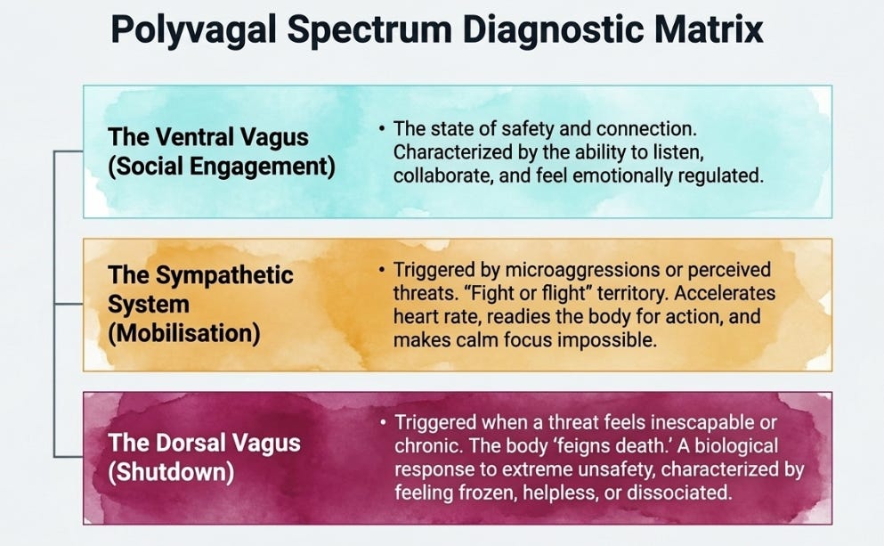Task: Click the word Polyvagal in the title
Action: (193, 29)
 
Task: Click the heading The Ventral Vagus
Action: (208, 137)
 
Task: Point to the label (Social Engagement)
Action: (222, 167)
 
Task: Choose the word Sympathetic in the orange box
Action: (224, 275)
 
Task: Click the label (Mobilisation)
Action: (183, 333)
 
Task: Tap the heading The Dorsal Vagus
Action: (204, 443)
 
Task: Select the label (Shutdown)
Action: (171, 471)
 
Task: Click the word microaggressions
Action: (582, 270)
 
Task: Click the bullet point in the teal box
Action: (382, 128)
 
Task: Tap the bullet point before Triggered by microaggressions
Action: (382, 270)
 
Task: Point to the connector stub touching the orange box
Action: (69, 305)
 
